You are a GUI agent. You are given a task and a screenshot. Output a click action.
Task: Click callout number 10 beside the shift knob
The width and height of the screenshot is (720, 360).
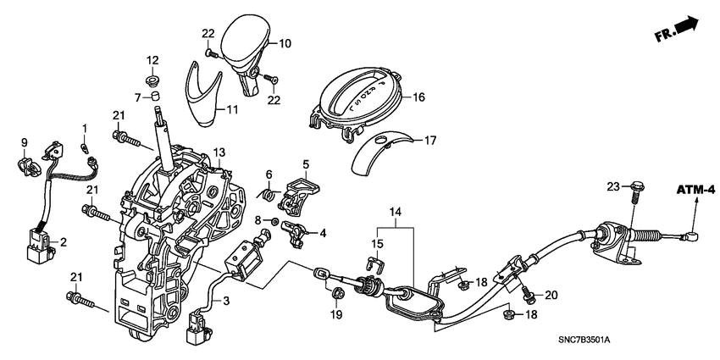tap(285, 42)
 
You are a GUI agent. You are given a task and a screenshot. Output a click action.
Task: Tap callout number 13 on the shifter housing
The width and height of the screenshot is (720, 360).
tap(219, 152)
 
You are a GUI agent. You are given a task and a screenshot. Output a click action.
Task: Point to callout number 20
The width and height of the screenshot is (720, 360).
tap(551, 296)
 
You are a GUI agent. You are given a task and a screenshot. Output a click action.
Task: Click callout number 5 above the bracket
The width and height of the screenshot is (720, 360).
tap(307, 163)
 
